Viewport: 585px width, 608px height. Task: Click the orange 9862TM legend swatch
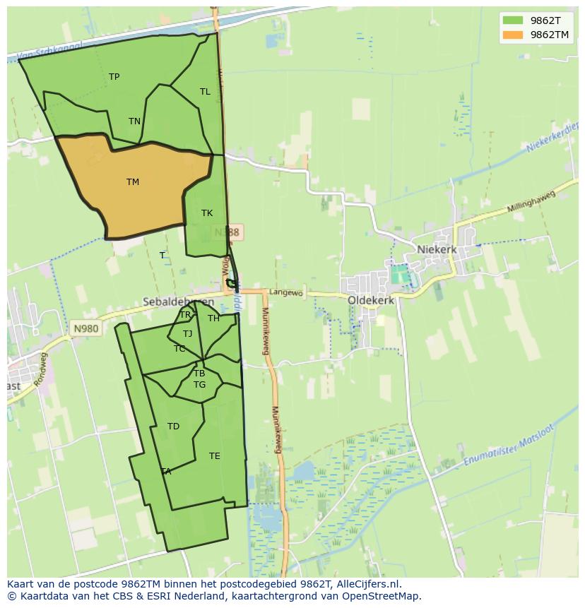(513, 35)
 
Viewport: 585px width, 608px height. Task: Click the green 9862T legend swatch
(513, 20)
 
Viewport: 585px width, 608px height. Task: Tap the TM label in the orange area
(133, 182)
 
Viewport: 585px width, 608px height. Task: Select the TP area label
(114, 77)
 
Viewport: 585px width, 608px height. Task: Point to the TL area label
(205, 92)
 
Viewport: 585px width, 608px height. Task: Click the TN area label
(134, 121)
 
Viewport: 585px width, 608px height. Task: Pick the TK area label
(207, 213)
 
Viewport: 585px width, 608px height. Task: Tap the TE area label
(215, 456)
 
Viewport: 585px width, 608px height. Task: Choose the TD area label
(173, 427)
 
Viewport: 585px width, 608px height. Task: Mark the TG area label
(200, 385)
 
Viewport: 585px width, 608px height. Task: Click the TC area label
(179, 349)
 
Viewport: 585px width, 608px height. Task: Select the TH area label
(213, 318)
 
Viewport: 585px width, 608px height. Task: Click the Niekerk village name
(437, 249)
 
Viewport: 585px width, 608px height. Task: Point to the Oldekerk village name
(371, 300)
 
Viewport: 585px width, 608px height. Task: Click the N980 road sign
(85, 328)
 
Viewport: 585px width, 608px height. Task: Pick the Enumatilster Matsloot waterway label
(509, 446)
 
